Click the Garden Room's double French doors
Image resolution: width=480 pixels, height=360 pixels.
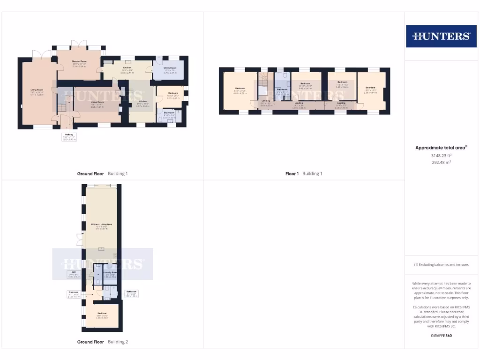coord(79,45)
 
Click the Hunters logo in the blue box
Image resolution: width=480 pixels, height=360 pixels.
coord(441,36)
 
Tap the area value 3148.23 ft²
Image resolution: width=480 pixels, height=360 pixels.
coord(441,155)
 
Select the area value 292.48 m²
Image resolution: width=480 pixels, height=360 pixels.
coord(441,162)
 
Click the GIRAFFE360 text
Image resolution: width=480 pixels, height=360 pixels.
coord(441,336)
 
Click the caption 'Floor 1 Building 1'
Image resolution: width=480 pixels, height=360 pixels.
coord(304,173)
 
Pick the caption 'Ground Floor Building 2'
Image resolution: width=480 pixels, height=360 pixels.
coord(102,342)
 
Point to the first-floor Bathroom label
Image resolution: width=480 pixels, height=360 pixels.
coord(282,89)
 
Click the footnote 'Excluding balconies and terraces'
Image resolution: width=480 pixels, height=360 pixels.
coord(441,265)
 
